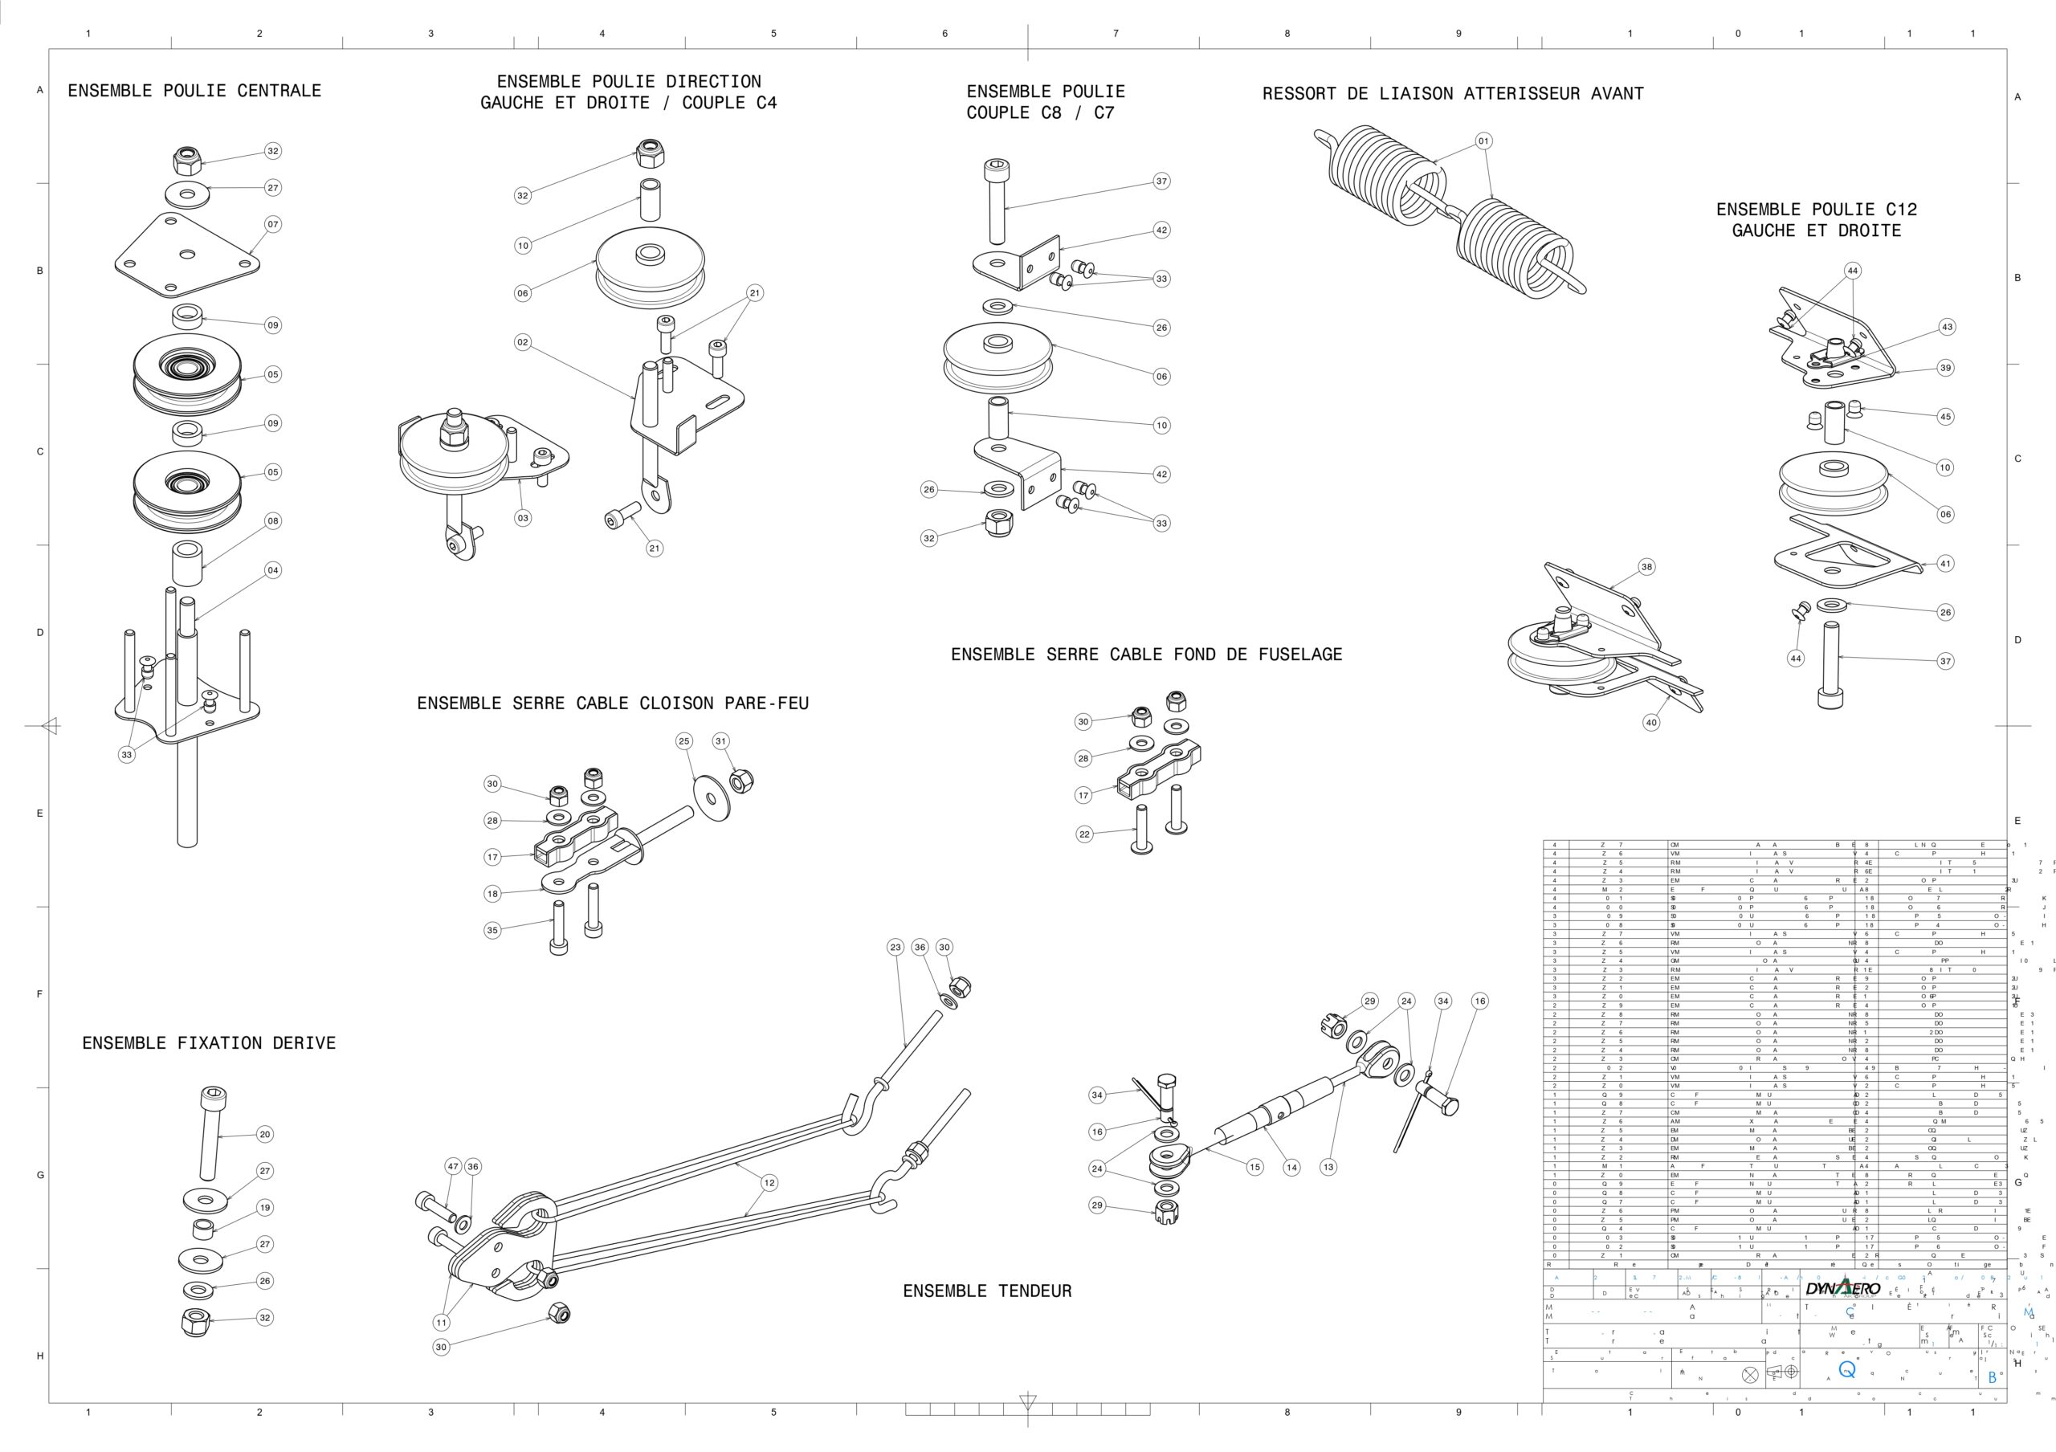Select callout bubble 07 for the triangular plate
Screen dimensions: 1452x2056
point(273,224)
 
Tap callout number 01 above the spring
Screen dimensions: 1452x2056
point(1484,141)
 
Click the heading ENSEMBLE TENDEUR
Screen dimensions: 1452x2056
point(987,1291)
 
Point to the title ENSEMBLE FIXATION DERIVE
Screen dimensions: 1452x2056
point(209,1043)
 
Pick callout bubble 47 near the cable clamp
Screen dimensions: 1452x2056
point(453,1166)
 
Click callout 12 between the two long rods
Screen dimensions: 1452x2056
point(769,1182)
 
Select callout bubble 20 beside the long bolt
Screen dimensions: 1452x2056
point(265,1134)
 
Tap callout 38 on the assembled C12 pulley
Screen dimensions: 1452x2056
point(1646,567)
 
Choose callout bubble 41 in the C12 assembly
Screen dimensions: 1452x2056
point(1945,563)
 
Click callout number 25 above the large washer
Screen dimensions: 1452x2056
point(684,741)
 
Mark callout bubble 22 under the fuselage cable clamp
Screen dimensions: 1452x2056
point(1084,834)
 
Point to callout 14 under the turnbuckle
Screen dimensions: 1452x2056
point(1291,1168)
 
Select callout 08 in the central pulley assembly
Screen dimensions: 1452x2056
point(273,521)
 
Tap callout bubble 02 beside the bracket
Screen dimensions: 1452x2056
point(523,342)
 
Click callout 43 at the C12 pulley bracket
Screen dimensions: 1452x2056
point(1947,328)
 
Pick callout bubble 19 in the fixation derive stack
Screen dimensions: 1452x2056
point(265,1208)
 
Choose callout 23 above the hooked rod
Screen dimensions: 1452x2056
point(895,947)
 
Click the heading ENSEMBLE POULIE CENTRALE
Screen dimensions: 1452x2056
point(194,91)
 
